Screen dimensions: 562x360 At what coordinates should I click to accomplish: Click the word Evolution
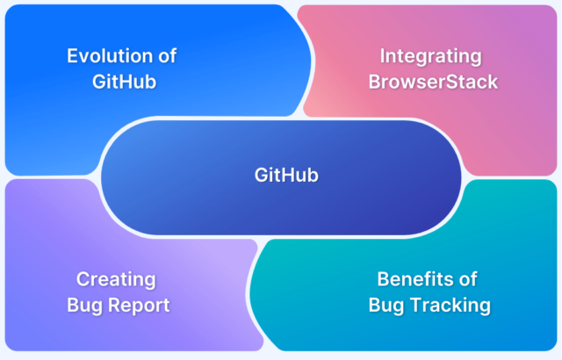point(110,56)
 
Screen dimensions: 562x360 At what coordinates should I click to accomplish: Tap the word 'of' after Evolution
point(168,56)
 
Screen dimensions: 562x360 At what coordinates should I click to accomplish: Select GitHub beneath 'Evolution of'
point(124,82)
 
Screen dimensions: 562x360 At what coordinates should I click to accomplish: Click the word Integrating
point(430,57)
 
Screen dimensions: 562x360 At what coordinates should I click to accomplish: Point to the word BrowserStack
point(433,82)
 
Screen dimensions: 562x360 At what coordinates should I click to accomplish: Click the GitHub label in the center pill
point(286,175)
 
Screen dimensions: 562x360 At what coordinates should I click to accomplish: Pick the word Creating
point(116,280)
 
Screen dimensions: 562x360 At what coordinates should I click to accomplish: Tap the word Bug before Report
point(84,306)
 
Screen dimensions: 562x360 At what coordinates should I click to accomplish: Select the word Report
point(139,306)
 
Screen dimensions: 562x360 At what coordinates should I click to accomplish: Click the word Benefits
point(415,279)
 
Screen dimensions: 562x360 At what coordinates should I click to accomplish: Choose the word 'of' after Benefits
point(468,279)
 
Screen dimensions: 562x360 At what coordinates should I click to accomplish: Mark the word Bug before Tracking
point(386,306)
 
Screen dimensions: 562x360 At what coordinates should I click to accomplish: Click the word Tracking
point(450,306)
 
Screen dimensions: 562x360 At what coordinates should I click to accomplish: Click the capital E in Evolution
point(72,56)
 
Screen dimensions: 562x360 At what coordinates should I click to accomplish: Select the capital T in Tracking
point(416,305)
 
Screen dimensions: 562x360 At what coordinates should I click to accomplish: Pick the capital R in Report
point(114,305)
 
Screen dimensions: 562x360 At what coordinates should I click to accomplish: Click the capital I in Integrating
point(382,56)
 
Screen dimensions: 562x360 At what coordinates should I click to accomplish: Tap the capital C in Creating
point(83,279)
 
